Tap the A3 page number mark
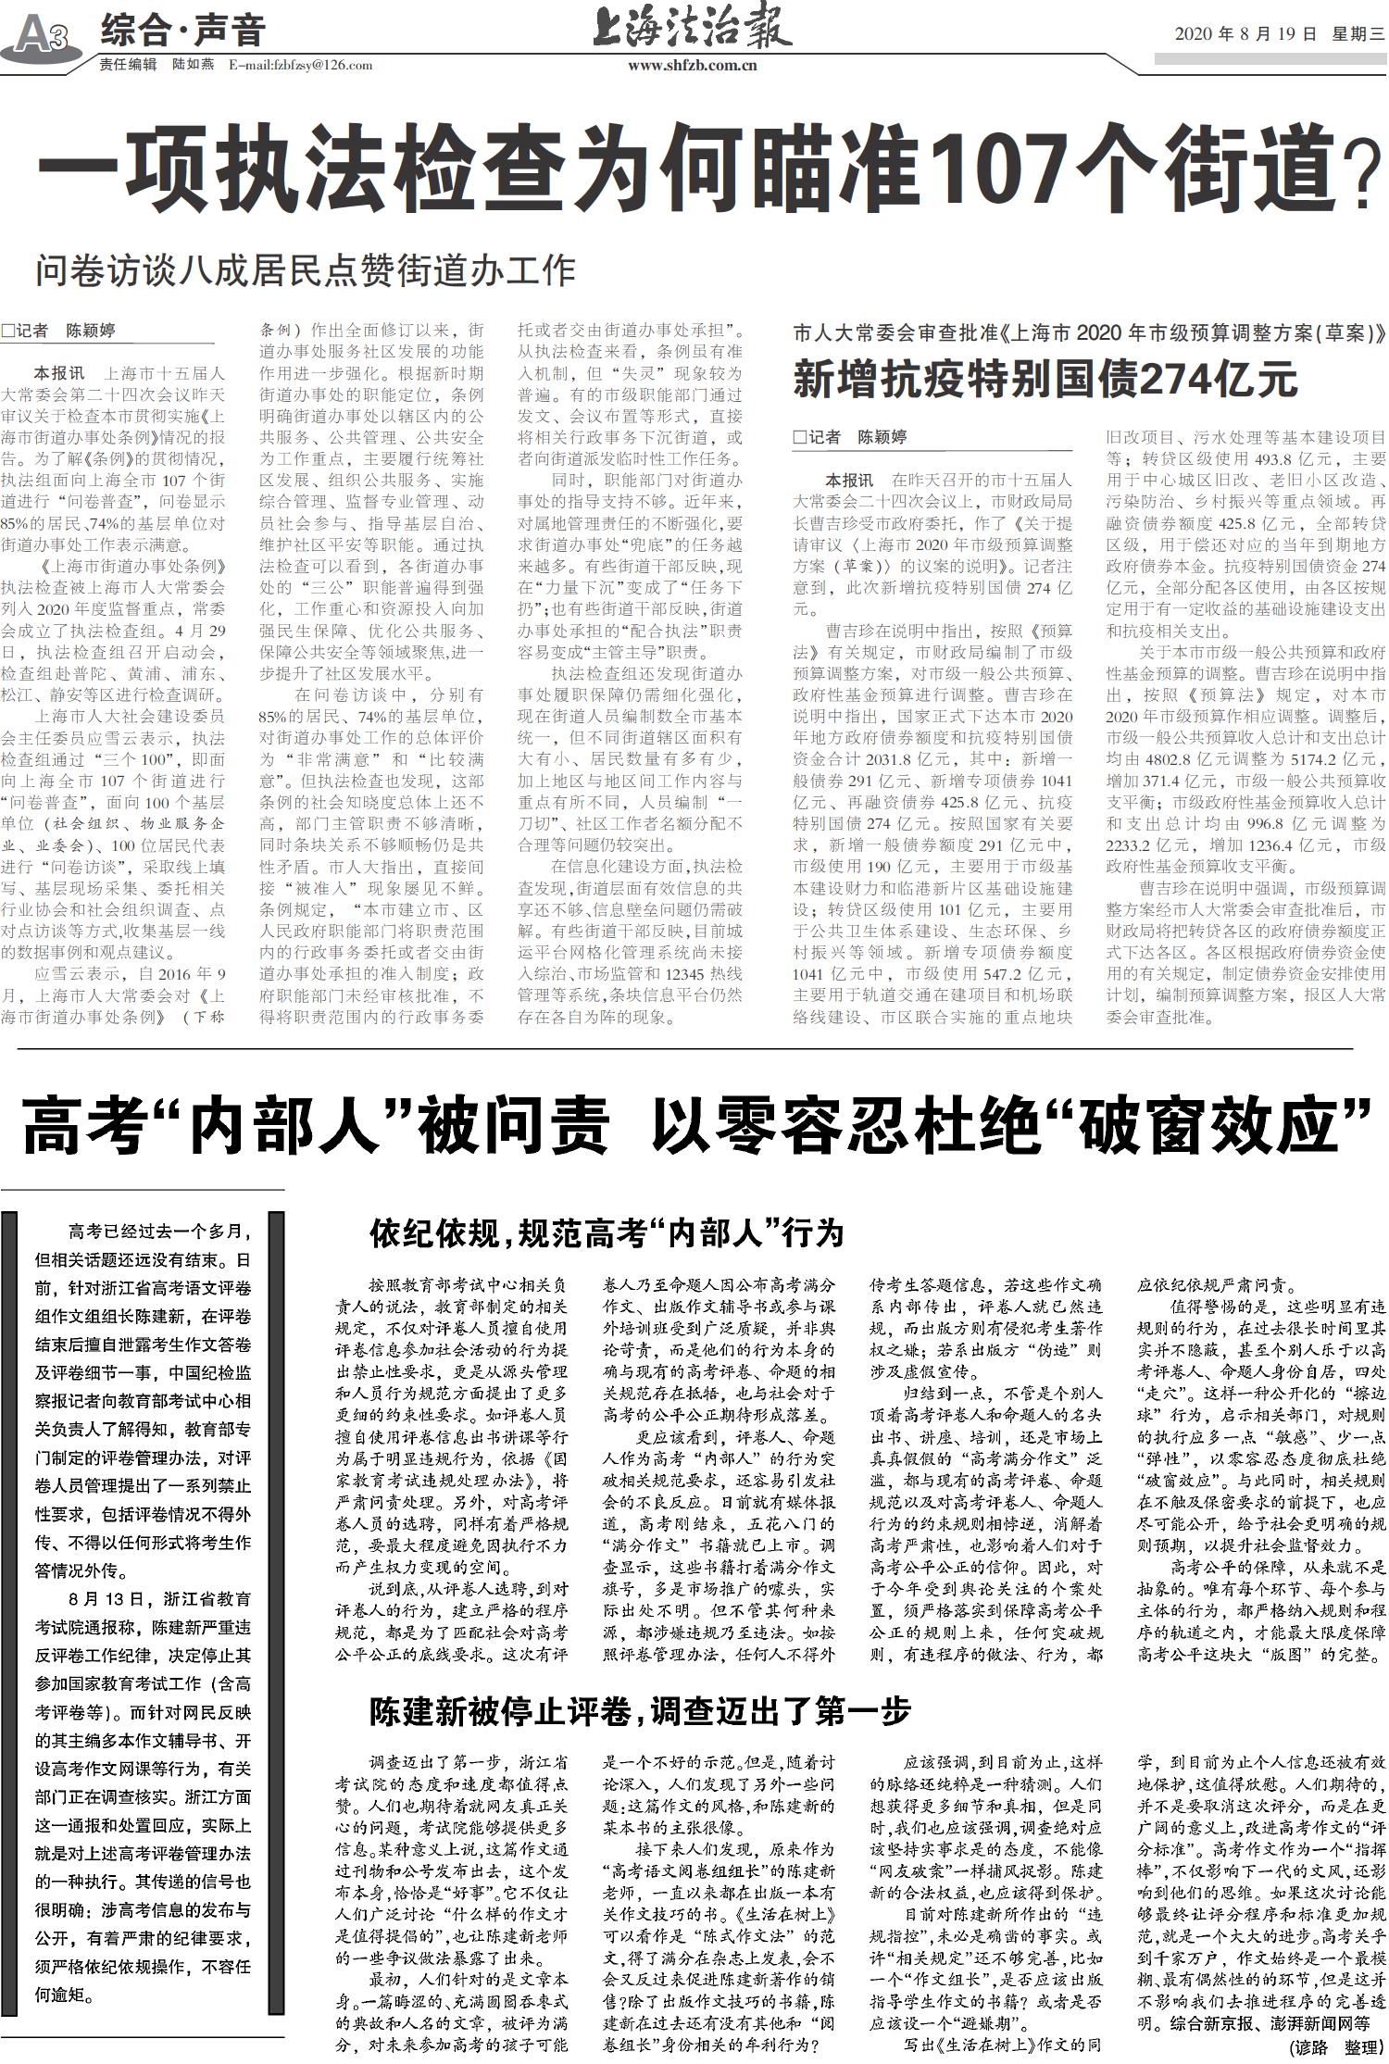coord(43,37)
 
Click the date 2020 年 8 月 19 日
coord(1245,35)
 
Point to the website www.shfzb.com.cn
coord(693,66)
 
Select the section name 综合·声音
coord(182,31)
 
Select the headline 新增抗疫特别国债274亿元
coord(1045,380)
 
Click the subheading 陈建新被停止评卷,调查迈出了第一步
coord(640,1711)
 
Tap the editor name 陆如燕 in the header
coord(194,65)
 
